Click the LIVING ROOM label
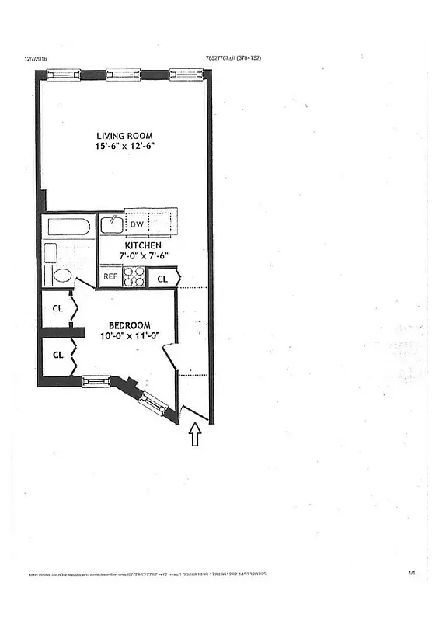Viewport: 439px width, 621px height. [x=124, y=136]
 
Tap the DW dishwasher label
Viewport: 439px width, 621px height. [x=137, y=224]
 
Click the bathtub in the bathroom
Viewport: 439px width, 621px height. [x=68, y=227]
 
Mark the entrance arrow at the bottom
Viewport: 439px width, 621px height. [x=195, y=435]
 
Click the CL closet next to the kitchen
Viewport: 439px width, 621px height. [x=163, y=278]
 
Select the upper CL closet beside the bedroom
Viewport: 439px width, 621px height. [x=57, y=307]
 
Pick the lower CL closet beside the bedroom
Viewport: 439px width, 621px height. [x=57, y=355]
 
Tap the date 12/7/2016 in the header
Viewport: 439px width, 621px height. [x=37, y=57]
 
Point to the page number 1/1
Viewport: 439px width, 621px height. [x=412, y=573]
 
